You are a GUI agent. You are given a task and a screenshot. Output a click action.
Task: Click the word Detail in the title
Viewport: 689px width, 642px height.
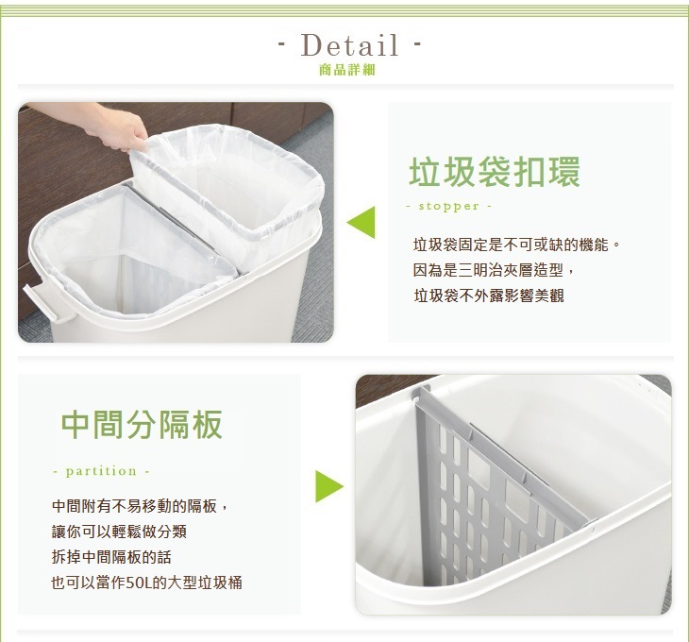pos(350,44)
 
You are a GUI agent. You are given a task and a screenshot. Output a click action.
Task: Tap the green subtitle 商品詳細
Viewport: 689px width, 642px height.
pos(347,70)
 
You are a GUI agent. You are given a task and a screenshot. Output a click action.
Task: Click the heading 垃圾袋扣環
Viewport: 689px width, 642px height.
pos(495,172)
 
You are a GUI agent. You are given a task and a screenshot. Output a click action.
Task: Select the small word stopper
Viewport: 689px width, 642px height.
pos(448,206)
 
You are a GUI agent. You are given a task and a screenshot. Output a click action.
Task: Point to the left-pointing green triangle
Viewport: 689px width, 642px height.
pos(361,222)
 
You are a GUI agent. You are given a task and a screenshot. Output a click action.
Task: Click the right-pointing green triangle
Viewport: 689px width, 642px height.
pos(329,486)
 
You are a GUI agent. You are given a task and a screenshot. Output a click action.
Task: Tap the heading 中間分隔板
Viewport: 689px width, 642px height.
pos(142,425)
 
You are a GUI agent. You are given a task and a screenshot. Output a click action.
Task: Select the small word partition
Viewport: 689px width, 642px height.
pos(101,471)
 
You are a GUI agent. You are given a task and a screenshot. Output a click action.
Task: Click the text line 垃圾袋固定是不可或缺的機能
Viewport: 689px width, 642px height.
pos(517,245)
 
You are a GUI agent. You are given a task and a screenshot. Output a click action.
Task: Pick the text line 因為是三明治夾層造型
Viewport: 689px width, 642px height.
pos(494,270)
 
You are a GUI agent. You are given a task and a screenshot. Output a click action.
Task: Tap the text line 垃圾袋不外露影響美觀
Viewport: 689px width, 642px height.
pos(489,296)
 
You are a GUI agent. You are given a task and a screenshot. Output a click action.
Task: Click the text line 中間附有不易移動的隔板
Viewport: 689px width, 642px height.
pos(141,506)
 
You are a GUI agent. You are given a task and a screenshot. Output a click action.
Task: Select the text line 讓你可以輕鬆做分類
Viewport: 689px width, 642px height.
pos(119,532)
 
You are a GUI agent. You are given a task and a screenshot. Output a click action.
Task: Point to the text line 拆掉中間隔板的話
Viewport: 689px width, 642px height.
pos(111,557)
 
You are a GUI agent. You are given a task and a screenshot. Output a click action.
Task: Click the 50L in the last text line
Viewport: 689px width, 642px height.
pos(139,583)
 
